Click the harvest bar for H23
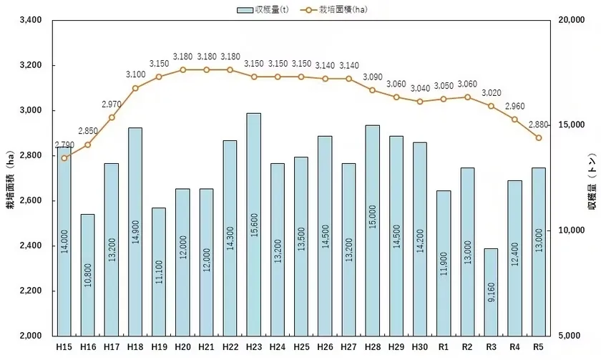pos(253,223)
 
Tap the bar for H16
pos(87,274)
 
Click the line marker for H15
pos(64,158)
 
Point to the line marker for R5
pos(539,138)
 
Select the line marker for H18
pos(135,88)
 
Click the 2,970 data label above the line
pos(112,104)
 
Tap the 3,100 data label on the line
pos(135,74)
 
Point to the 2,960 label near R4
pos(515,107)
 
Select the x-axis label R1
pos(444,346)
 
